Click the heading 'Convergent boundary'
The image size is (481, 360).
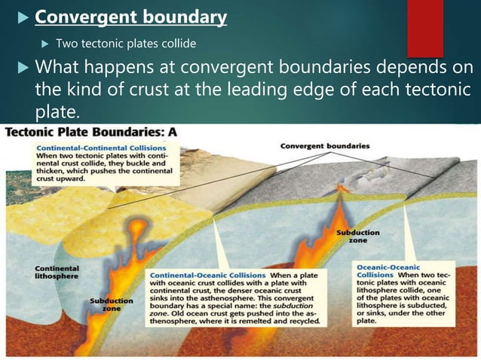(x=131, y=17)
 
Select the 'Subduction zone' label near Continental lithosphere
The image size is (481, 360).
(x=111, y=305)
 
